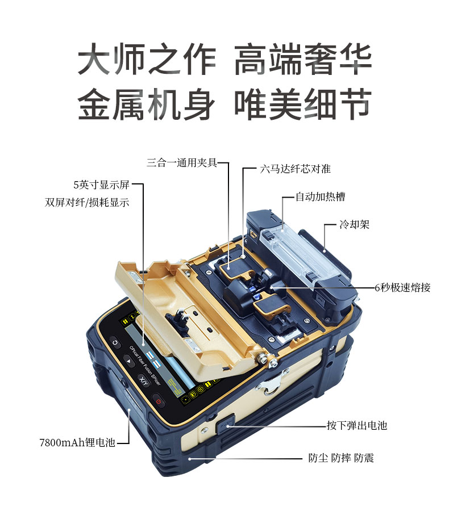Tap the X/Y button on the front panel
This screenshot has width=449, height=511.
tap(143, 380)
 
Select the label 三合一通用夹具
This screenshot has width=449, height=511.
tap(182, 162)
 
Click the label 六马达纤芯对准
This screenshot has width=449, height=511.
tap(295, 169)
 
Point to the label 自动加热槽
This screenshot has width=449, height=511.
tap(320, 197)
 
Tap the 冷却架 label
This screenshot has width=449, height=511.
tap(354, 224)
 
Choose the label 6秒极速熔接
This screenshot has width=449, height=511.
tap(402, 287)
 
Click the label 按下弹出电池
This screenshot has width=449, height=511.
tap(357, 425)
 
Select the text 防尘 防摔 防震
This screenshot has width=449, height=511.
tap(341, 458)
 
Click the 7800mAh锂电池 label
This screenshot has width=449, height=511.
tap(77, 442)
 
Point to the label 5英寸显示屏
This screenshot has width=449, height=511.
tap(102, 185)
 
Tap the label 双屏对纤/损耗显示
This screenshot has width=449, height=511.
tap(87, 202)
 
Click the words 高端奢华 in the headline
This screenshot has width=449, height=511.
tap(303, 60)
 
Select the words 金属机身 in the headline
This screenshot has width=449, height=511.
tap(146, 104)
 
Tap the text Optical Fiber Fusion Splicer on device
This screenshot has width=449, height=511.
tap(145, 366)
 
